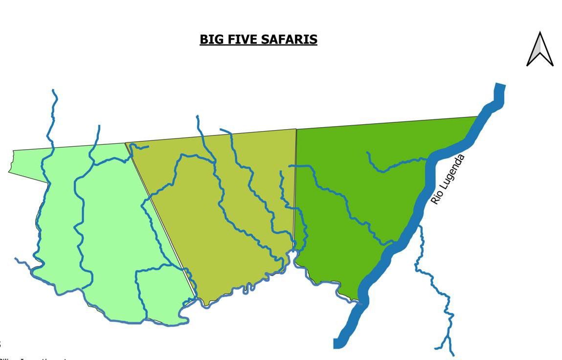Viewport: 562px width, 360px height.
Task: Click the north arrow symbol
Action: [540, 49]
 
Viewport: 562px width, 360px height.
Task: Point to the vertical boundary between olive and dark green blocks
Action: [295, 186]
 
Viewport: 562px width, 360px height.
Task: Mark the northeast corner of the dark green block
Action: [477, 117]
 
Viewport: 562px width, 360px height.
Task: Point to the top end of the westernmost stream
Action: [53, 90]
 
